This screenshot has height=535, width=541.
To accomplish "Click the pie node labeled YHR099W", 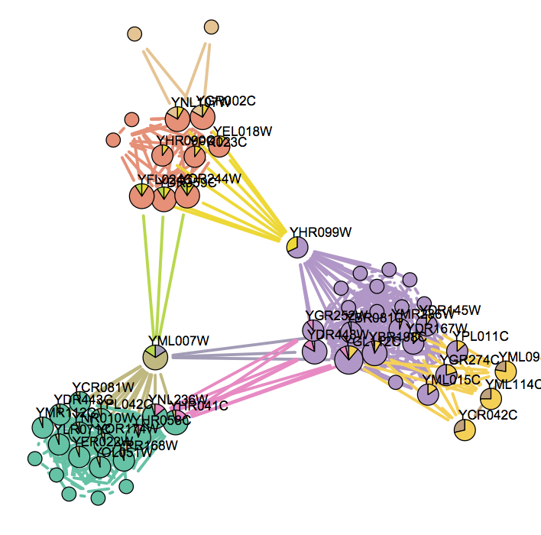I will pos(296,248).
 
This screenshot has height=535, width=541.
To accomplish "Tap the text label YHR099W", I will pos(314,232).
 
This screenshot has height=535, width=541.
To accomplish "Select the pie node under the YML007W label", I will pos(155,356).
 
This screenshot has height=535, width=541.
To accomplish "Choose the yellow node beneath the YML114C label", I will pos(491,397).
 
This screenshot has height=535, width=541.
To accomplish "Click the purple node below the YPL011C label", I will pos(457,351).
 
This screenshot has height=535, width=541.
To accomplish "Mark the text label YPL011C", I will pos(481,336).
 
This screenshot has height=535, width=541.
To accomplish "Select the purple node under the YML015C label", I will pos(428,394).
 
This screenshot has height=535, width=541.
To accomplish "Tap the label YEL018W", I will pos(242,131).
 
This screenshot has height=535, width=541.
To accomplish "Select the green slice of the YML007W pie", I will pos(158,351).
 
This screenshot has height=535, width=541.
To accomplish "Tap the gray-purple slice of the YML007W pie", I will pos(150,352).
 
